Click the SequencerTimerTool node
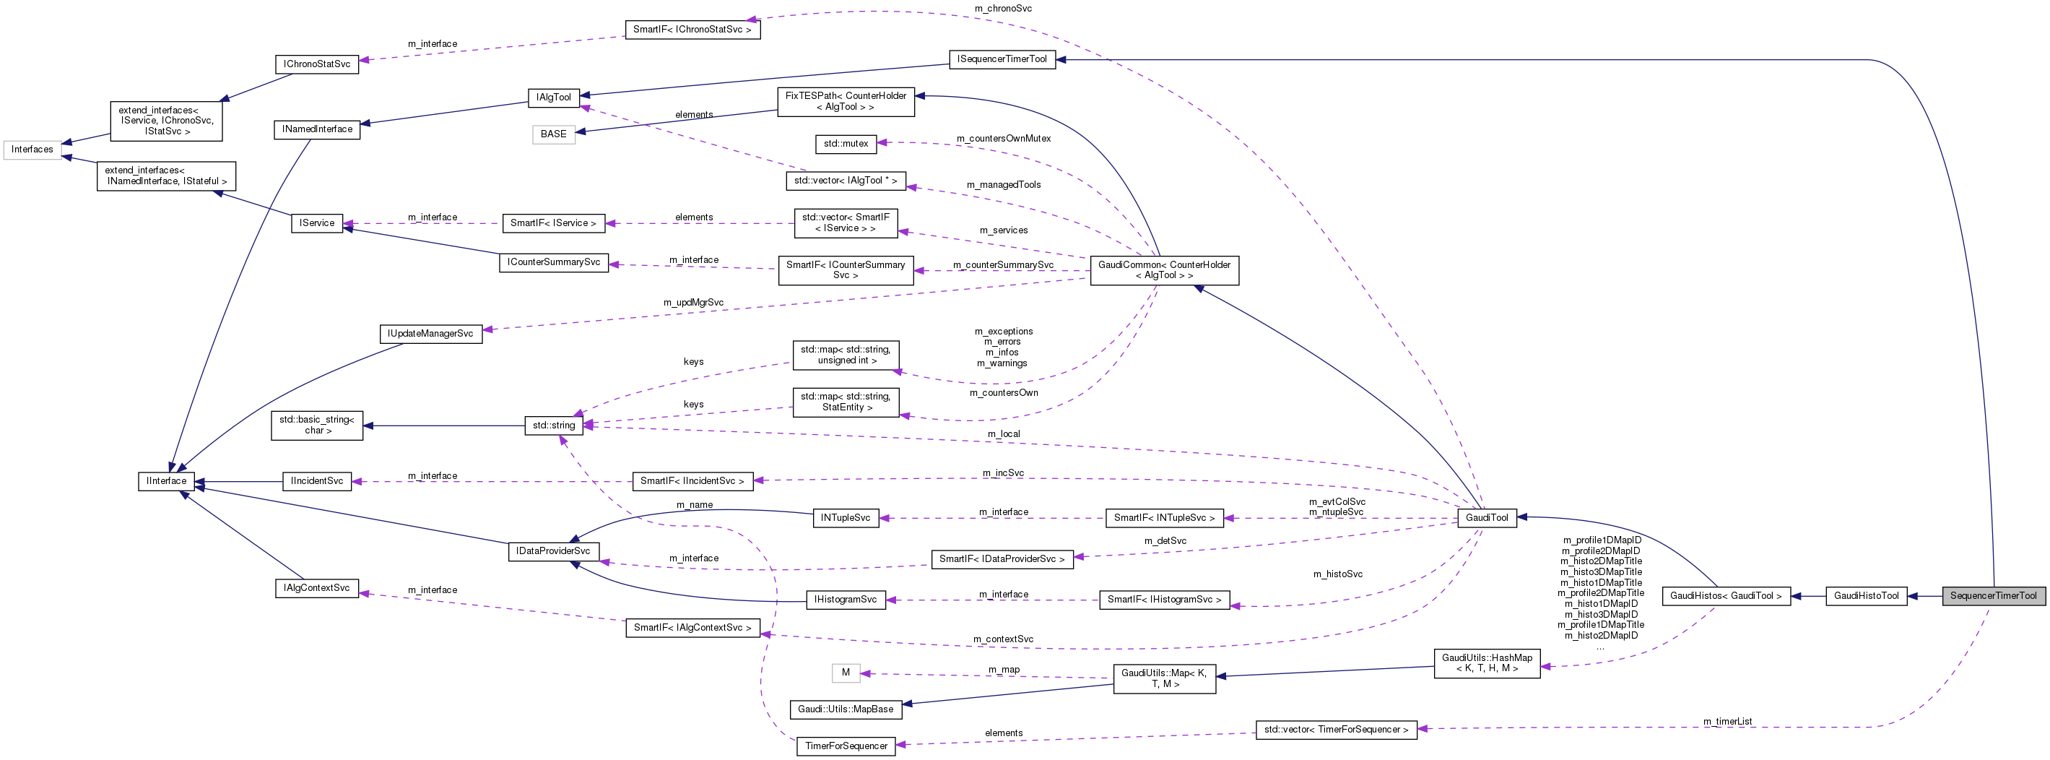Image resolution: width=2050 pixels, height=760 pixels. (1993, 595)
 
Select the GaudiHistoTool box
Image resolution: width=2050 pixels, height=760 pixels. (1865, 595)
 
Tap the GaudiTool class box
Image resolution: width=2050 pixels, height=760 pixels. (1487, 517)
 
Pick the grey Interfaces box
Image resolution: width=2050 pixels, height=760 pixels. (32, 150)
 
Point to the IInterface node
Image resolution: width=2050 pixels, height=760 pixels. (166, 480)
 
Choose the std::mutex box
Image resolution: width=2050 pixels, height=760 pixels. (845, 143)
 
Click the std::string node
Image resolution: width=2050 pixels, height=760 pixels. (553, 425)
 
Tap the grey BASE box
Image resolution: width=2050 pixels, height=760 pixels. (553, 134)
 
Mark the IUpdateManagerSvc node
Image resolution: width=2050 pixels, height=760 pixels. (430, 334)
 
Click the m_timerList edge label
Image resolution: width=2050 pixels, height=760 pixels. (1727, 721)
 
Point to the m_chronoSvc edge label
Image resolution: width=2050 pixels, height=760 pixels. (1003, 8)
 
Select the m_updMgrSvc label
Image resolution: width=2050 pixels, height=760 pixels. (693, 303)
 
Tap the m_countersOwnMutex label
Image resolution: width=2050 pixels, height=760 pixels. (1003, 139)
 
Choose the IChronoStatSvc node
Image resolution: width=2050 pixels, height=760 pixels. (317, 64)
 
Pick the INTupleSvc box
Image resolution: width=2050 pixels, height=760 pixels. (845, 517)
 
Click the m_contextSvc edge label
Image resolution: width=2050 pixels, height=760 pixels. (1003, 639)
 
